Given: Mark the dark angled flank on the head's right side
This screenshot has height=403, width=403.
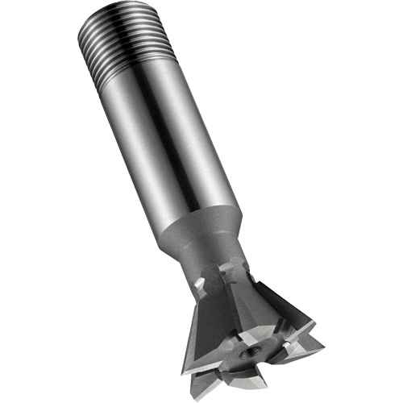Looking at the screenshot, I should [282, 306].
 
